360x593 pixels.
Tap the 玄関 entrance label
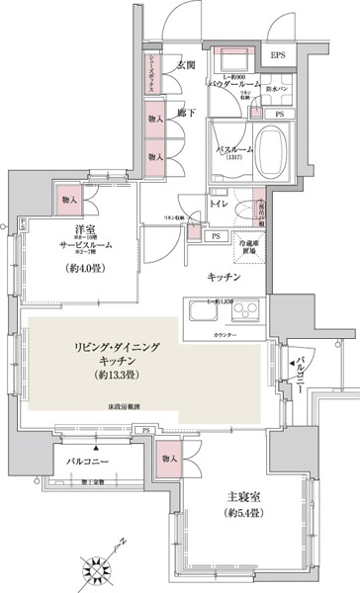tap(185, 66)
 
